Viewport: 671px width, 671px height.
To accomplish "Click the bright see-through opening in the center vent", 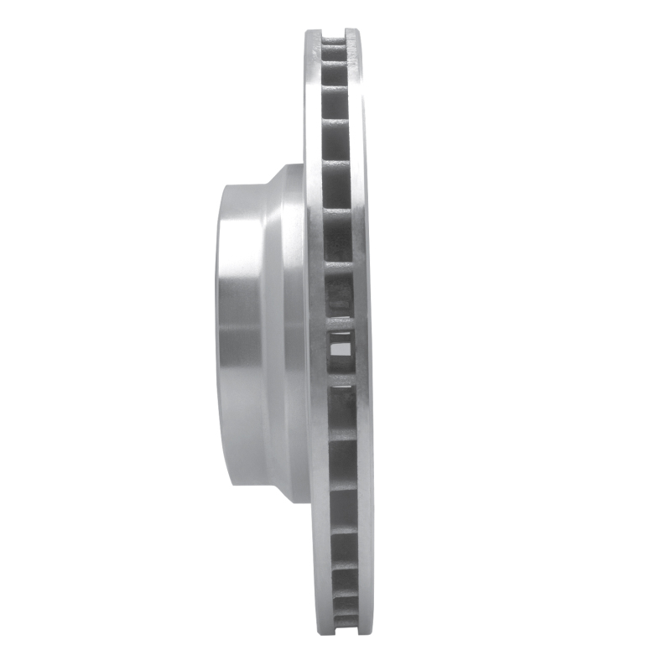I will [x=341, y=342].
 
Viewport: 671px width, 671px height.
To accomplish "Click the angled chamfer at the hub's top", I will [x=277, y=172].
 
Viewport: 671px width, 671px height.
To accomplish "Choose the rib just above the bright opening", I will [x=340, y=320].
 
